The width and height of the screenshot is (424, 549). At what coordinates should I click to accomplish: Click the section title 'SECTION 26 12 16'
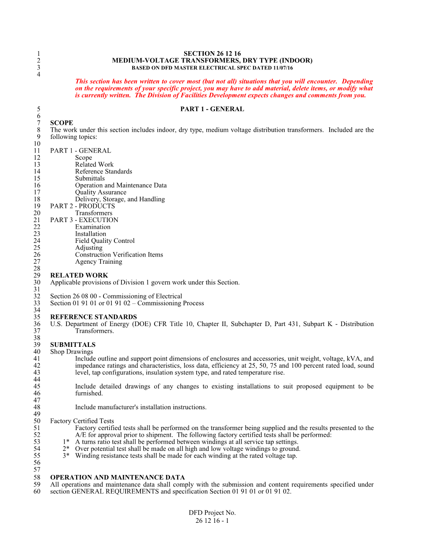[x=212, y=54]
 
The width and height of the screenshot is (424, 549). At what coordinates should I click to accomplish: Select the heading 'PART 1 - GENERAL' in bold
[x=212, y=109]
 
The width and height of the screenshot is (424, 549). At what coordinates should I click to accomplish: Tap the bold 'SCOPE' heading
[x=62, y=123]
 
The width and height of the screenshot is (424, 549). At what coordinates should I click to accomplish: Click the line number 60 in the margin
[x=37, y=492]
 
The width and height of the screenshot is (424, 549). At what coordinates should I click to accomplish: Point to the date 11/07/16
[x=283, y=68]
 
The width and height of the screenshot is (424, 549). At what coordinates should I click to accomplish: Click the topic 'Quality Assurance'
[x=101, y=192]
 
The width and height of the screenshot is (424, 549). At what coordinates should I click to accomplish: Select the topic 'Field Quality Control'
[x=105, y=241]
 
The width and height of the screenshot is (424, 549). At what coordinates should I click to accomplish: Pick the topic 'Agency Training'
[x=99, y=262]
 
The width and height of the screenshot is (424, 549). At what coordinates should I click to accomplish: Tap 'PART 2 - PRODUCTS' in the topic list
[x=82, y=206]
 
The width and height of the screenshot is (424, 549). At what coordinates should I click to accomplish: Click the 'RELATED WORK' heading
[x=79, y=275]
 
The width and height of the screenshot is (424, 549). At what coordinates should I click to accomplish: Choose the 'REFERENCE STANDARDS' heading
[x=94, y=317]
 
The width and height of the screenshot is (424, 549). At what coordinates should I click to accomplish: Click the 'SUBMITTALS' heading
[x=73, y=345]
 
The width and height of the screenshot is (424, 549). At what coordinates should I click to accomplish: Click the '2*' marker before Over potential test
[x=66, y=449]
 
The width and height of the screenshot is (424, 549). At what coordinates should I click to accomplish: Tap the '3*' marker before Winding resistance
[x=66, y=456]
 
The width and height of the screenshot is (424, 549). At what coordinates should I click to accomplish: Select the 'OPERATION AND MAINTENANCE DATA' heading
[x=118, y=477]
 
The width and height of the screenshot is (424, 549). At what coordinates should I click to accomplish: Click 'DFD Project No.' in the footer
[x=212, y=513]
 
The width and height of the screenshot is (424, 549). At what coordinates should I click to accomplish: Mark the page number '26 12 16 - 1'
[x=212, y=521]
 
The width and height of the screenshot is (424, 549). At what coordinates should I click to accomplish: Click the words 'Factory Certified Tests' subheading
[x=82, y=421]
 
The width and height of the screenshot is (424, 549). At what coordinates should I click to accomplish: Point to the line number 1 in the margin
[x=39, y=54]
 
